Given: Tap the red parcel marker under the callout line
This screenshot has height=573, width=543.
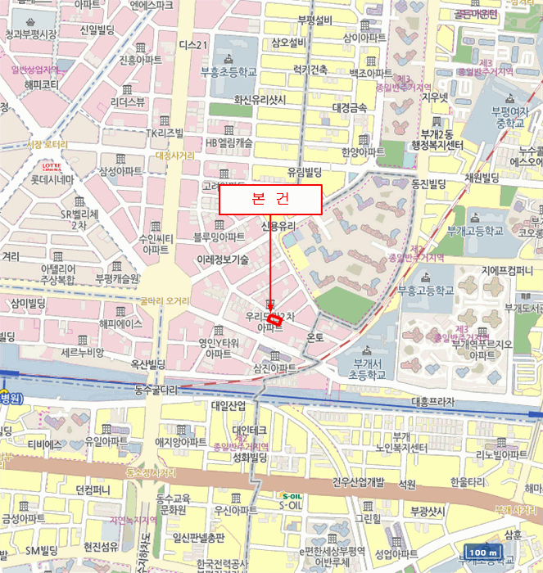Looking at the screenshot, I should pyautogui.click(x=275, y=321).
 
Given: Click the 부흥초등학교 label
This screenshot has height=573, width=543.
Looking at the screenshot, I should pyautogui.click(x=229, y=72).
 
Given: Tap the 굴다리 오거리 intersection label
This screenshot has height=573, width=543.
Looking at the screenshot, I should pyautogui.click(x=165, y=300).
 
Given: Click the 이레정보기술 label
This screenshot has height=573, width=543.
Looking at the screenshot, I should pyautogui.click(x=223, y=259).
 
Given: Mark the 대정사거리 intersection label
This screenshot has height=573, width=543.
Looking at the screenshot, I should pyautogui.click(x=175, y=155).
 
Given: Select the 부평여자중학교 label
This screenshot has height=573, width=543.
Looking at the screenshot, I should pyautogui.click(x=508, y=115).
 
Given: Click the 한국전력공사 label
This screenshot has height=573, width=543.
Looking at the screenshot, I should pyautogui.click(x=216, y=565).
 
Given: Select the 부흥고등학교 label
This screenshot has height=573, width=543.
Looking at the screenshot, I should pyautogui.click(x=425, y=291).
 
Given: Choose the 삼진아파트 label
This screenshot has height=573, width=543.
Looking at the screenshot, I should pyautogui.click(x=275, y=369).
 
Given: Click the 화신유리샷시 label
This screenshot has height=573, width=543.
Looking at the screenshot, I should pyautogui.click(x=260, y=99).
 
